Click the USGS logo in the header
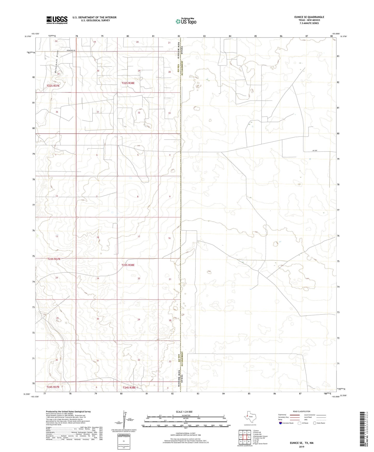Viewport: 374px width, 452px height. (57, 20)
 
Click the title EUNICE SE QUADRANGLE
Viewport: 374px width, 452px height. (309, 17)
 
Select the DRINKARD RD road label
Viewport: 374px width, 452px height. (71, 50)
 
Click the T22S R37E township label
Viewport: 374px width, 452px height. (53, 86)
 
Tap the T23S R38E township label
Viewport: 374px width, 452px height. (128, 265)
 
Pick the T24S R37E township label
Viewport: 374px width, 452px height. (53, 387)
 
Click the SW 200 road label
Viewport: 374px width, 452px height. (315, 150)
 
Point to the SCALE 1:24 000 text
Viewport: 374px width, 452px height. (184, 412)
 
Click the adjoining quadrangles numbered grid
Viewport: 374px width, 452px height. (245, 437)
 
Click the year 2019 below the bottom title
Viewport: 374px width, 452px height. (302, 447)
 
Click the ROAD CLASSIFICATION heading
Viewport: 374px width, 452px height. (302, 411)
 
